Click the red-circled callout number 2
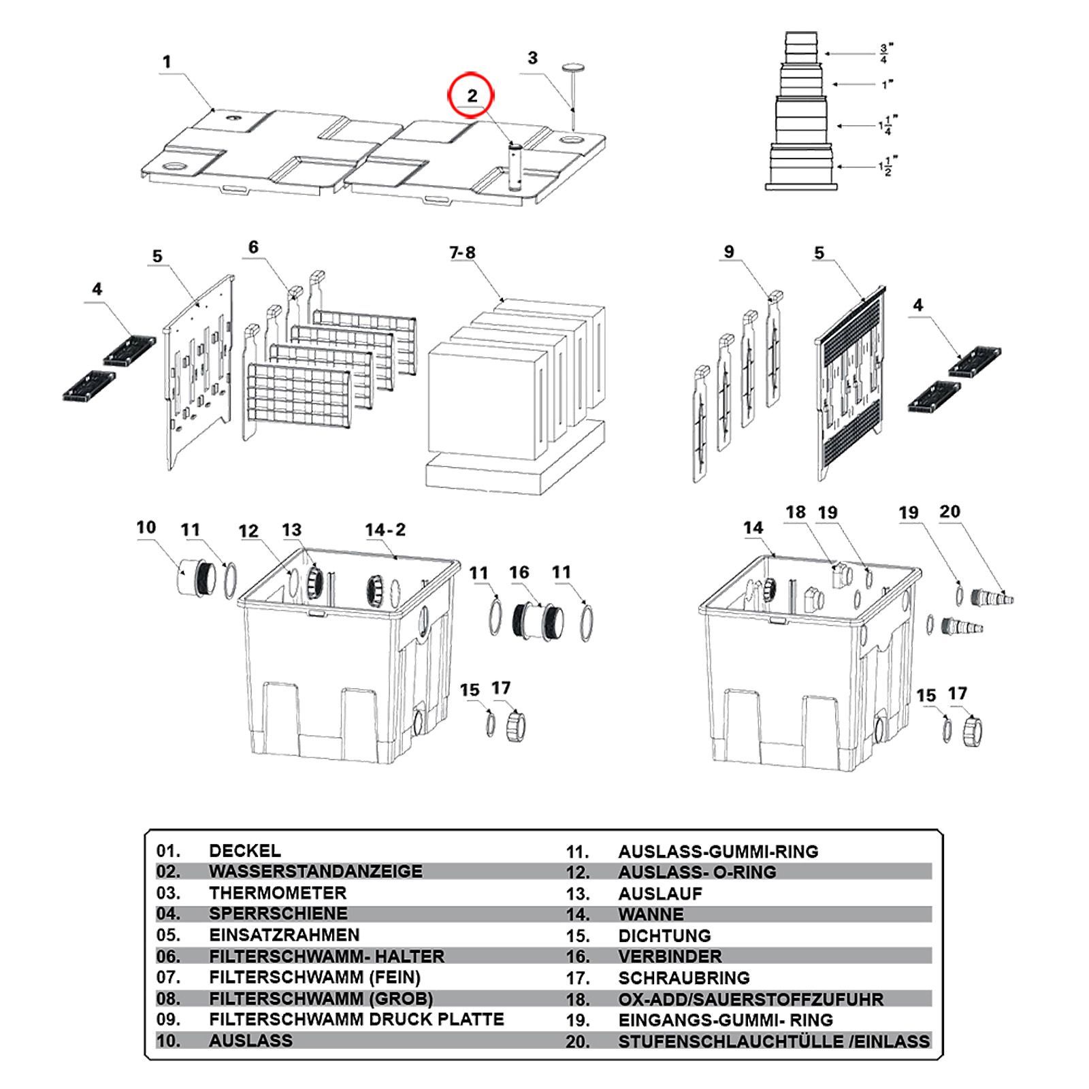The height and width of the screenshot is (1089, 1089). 472,96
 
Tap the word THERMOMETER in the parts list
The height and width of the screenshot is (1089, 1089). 278,892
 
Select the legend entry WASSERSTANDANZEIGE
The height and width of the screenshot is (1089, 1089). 316,871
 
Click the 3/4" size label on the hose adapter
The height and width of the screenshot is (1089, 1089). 884,53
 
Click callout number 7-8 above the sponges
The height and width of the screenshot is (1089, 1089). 462,253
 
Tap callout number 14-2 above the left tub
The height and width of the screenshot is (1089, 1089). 385,530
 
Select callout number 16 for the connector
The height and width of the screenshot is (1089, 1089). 519,572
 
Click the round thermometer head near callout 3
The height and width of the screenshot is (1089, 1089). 574,66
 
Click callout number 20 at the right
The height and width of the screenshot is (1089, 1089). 950,511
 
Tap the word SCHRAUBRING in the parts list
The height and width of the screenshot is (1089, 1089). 684,977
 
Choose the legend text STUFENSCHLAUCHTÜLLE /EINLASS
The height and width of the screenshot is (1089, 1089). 774,1041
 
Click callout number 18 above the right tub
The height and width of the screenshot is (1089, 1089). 796,512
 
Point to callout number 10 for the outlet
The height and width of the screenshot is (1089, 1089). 146,527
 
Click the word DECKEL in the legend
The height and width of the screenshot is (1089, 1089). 245,850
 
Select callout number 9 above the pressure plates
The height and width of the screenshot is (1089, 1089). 729,252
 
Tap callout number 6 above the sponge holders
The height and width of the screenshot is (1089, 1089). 254,247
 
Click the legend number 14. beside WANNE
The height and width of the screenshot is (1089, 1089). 578,914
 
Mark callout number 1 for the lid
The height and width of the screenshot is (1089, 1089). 167,62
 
